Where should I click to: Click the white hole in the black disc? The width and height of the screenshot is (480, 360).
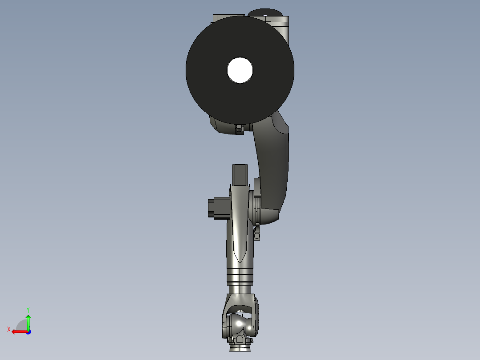(240, 70)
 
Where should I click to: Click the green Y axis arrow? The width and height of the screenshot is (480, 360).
(28, 321)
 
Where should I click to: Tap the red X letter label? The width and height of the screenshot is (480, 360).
(8, 329)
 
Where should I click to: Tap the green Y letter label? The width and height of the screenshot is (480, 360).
(28, 309)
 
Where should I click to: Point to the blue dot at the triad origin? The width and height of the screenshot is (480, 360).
(28, 331)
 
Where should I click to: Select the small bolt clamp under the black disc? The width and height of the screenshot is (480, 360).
(240, 129)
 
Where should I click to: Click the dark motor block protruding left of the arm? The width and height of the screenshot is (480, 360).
(218, 208)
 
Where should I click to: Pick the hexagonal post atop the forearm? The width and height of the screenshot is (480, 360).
(240, 174)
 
